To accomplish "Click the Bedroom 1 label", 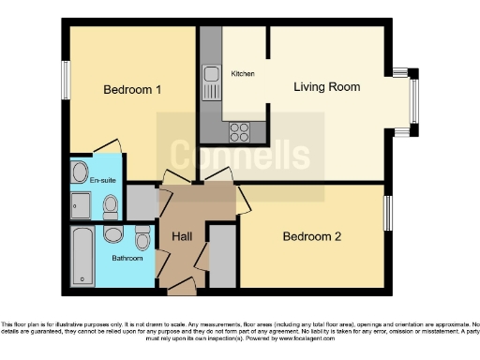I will [x=132, y=90].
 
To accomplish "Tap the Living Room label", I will [x=326, y=87].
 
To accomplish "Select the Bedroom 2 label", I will [x=311, y=237].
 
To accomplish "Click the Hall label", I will [x=182, y=237].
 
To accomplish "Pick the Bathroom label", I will [x=127, y=258].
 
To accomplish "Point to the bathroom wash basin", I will [x=142, y=234].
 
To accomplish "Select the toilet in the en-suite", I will [x=110, y=203].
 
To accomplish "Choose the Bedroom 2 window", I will [x=387, y=213].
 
